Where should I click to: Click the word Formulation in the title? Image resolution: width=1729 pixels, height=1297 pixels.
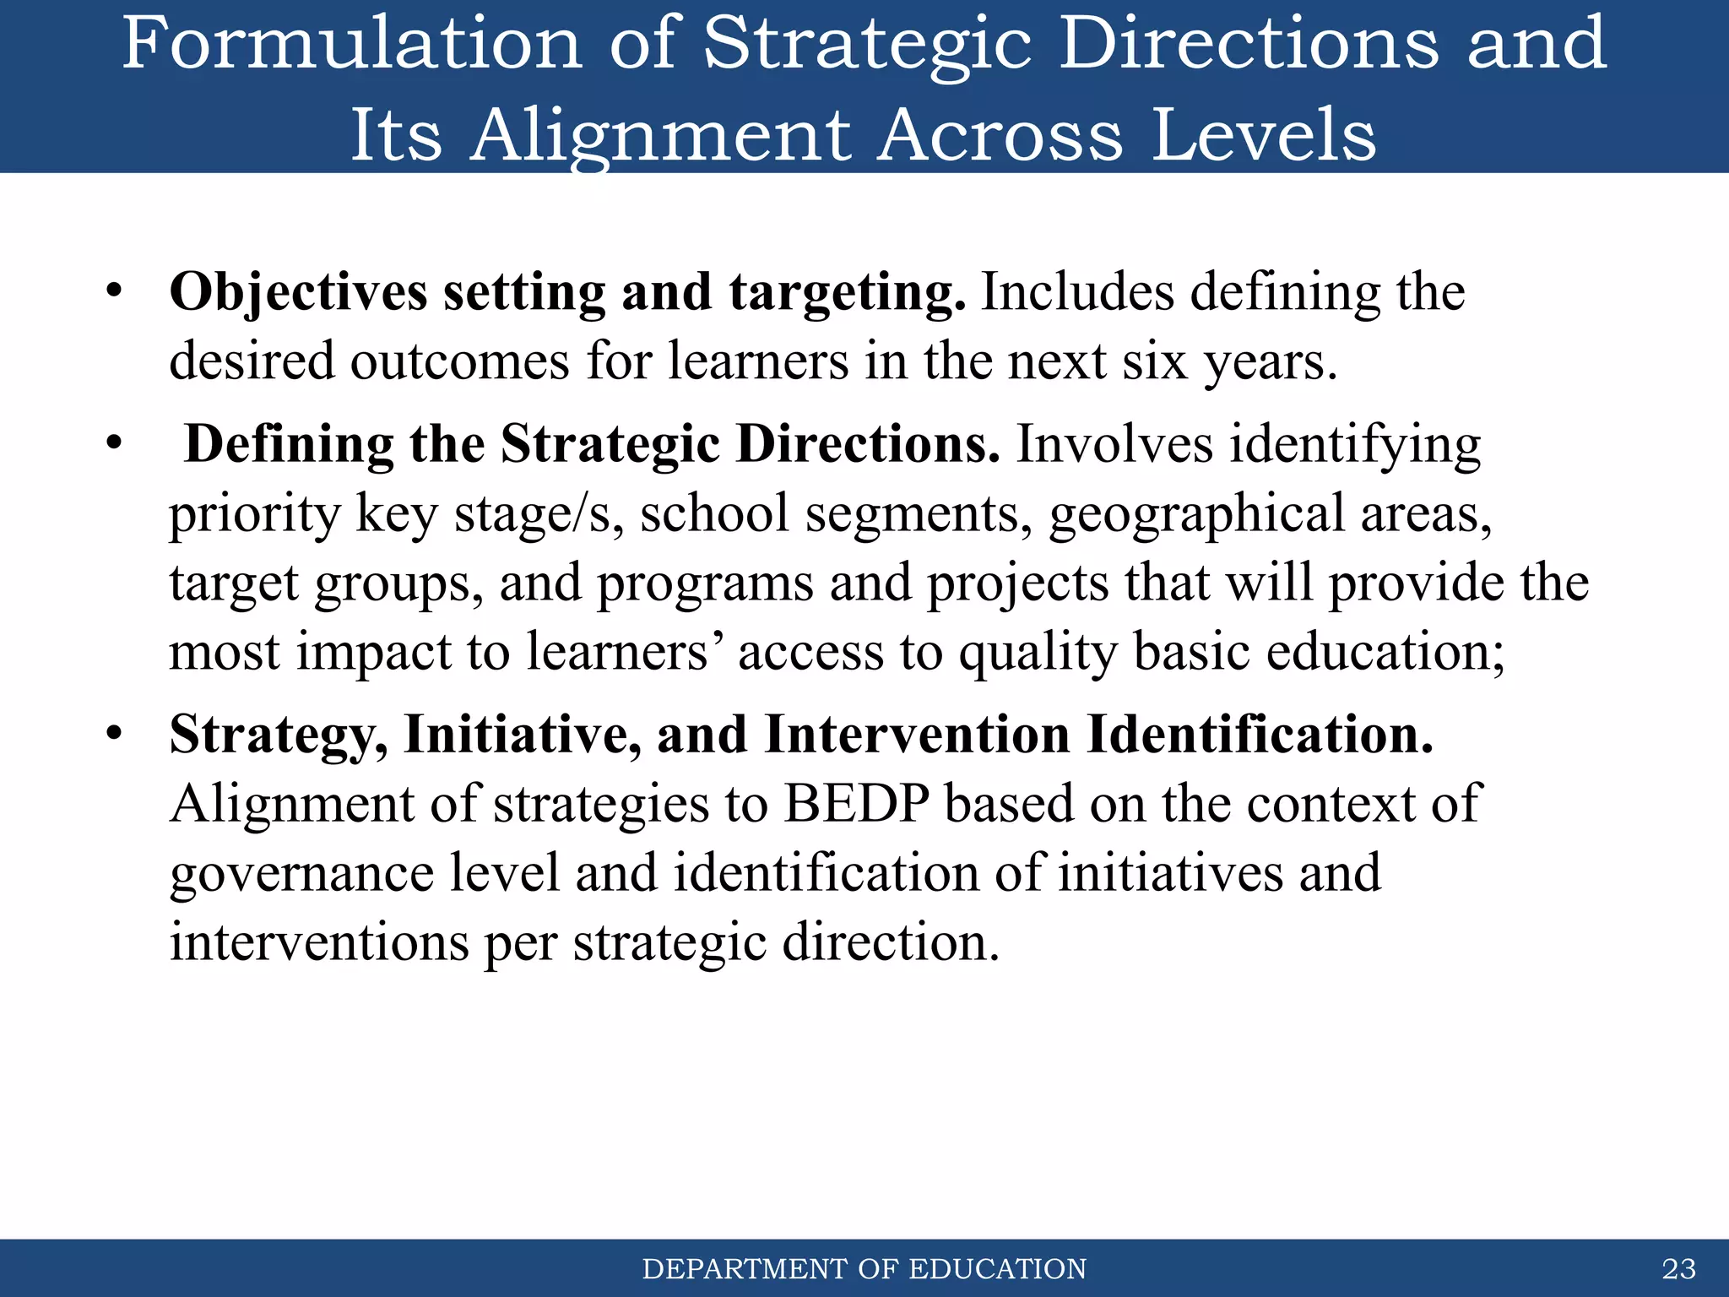(x=351, y=44)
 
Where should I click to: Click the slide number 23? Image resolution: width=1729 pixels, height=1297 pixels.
(x=1678, y=1268)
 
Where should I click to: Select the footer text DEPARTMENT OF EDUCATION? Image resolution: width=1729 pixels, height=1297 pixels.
(x=864, y=1269)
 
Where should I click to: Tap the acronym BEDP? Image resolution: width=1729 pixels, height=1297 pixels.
(x=856, y=803)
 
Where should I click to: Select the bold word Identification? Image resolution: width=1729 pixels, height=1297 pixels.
(x=1260, y=735)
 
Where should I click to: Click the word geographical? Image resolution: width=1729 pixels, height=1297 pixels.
(x=1196, y=514)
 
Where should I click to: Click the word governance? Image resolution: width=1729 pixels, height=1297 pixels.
(x=301, y=874)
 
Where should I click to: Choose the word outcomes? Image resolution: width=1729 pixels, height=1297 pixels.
(x=460, y=362)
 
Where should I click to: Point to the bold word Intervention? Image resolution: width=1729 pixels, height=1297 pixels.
(x=917, y=735)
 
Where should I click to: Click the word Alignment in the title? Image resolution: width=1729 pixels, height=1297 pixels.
(x=660, y=135)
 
